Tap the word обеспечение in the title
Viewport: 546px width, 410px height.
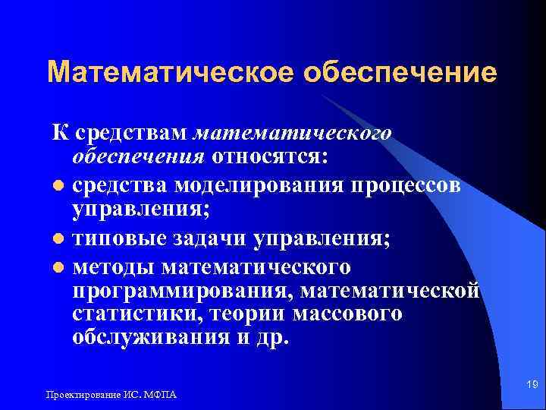coord(400,73)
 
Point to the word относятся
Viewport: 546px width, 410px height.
coord(271,157)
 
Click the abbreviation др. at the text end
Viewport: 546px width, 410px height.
coord(271,339)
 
